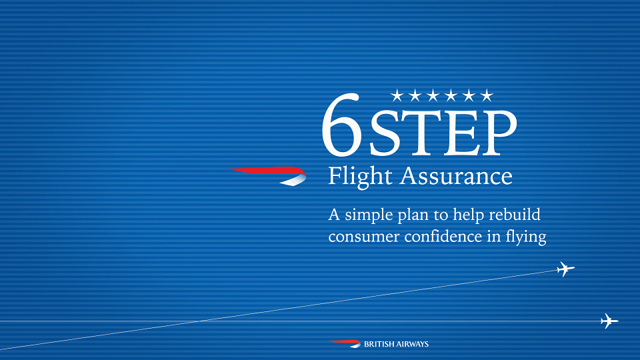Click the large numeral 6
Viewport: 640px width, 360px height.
[342, 125]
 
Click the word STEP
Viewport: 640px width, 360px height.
[443, 133]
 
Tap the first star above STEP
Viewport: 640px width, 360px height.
[397, 95]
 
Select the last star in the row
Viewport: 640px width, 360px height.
[487, 95]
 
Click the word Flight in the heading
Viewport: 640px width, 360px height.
[361, 177]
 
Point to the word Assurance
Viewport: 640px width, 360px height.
[456, 176]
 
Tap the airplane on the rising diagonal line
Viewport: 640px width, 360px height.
[565, 269]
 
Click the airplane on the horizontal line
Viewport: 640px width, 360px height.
[609, 321]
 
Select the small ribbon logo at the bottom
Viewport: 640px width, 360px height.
[345, 344]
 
